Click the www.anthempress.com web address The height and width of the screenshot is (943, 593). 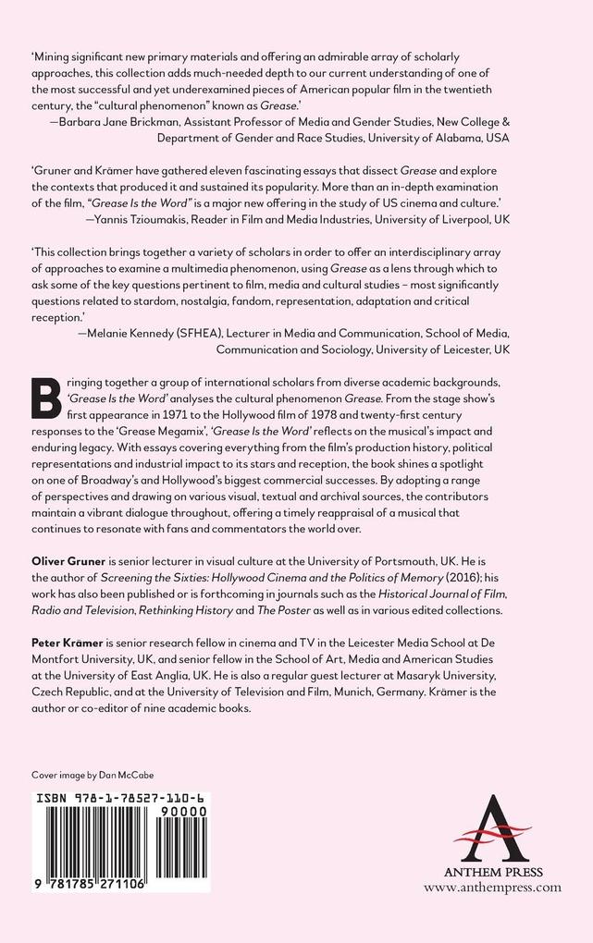click(x=492, y=887)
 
